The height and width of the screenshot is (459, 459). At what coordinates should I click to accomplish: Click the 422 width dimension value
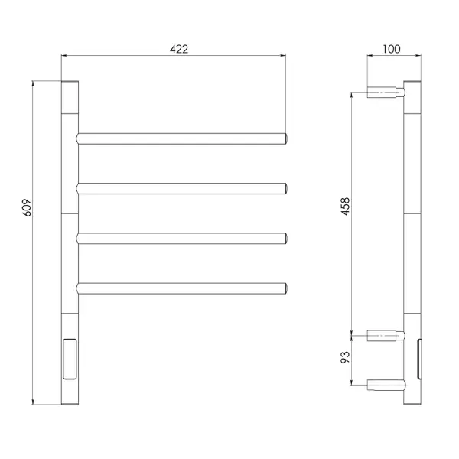(x=179, y=49)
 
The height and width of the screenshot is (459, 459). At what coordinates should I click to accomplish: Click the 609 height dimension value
(x=27, y=208)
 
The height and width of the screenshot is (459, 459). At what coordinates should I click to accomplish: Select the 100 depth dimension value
(x=392, y=49)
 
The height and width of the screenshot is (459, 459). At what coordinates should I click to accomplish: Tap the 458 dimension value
(x=346, y=207)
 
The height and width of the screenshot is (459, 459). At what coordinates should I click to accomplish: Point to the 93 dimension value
(x=346, y=357)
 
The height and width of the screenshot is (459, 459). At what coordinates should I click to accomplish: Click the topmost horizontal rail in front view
(x=182, y=138)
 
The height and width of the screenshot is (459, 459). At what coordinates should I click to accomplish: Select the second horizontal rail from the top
(x=182, y=188)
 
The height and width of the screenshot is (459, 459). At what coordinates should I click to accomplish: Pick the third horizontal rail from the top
(x=182, y=239)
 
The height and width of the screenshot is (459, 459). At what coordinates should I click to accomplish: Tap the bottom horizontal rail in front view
(x=182, y=288)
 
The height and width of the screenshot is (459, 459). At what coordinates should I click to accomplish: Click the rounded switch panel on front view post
(x=70, y=360)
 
